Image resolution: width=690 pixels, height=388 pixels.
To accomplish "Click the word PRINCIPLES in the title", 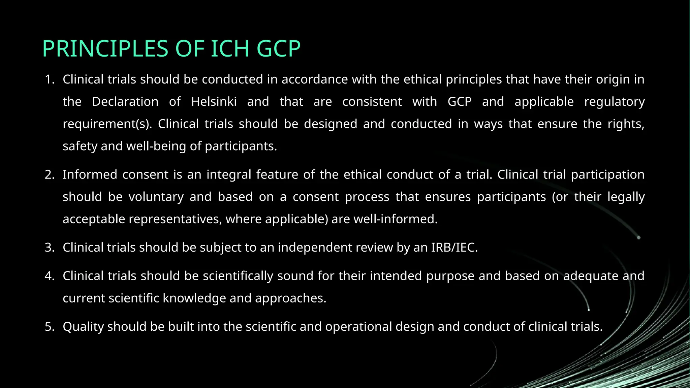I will pos(105,49).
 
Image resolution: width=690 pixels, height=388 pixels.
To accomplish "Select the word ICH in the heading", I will pos(230,49).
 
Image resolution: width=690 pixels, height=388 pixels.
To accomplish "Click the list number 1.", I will pos(49,79).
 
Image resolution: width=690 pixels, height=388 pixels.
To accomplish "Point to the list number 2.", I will pos(49,175).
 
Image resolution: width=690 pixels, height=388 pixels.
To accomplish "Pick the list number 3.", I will pos(49,248).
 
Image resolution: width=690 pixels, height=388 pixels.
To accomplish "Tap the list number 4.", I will pos(49,276).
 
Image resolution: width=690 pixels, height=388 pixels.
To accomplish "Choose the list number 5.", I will pos(49,327).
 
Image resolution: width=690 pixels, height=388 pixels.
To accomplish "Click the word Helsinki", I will pos(214,102).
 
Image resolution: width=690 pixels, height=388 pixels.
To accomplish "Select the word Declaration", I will pos(125,102).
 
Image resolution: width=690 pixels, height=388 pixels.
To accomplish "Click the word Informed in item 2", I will pos(90,175).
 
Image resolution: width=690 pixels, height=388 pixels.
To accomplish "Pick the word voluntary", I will pos(156,197).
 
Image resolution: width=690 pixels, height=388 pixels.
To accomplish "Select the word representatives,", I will pos(175,219).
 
